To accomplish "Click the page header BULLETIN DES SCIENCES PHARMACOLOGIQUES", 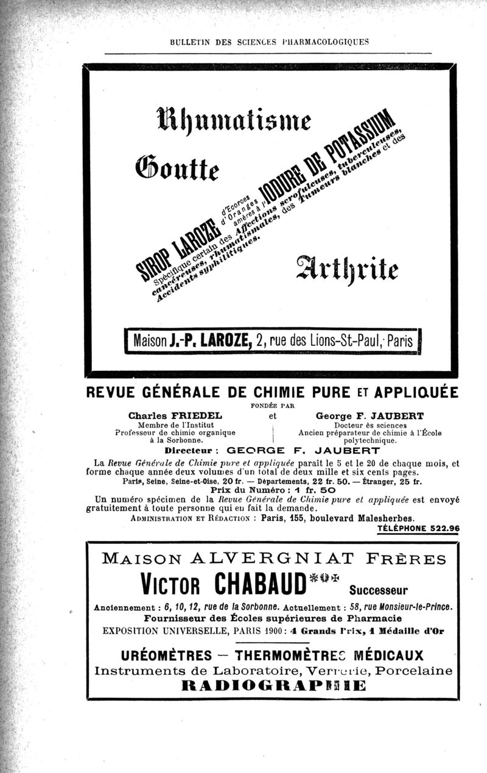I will pyautogui.click(x=268, y=42).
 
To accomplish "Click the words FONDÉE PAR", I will pyautogui.click(x=272, y=405).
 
